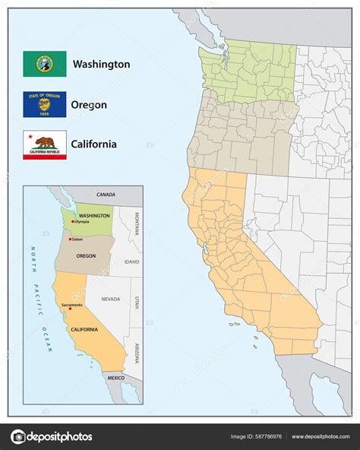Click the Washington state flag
[x=45, y=64]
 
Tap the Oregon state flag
[x=45, y=104]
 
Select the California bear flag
[x=45, y=144]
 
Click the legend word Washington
[x=101, y=65]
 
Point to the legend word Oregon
[x=90, y=105]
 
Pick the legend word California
[x=94, y=144]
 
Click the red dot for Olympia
[x=71, y=222]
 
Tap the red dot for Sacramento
[x=70, y=308]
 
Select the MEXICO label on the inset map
[x=115, y=377]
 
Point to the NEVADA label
[x=110, y=299]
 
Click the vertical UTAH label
[x=137, y=303]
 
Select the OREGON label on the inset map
[x=85, y=256]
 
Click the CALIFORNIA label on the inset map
[x=84, y=329]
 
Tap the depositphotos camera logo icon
[x=18, y=436]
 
